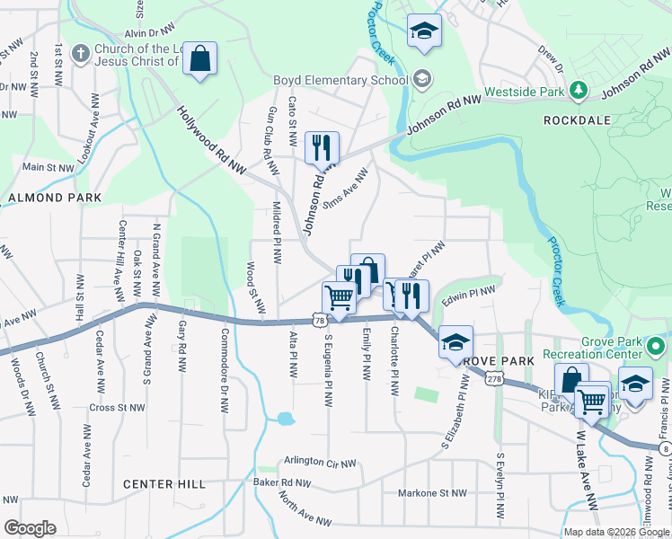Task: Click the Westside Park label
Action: click(524, 92)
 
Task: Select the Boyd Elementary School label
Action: click(340, 80)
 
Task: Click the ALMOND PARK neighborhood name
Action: click(49, 197)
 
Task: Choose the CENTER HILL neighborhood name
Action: click(164, 484)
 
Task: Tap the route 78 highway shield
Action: click(320, 319)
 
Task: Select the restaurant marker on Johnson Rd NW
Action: click(322, 147)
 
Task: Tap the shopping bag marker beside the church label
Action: click(200, 60)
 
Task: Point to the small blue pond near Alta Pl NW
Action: click(285, 418)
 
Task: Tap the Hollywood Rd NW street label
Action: click(212, 140)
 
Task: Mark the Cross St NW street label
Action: click(118, 407)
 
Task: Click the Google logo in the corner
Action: click(30, 528)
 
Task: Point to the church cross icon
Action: click(81, 54)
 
